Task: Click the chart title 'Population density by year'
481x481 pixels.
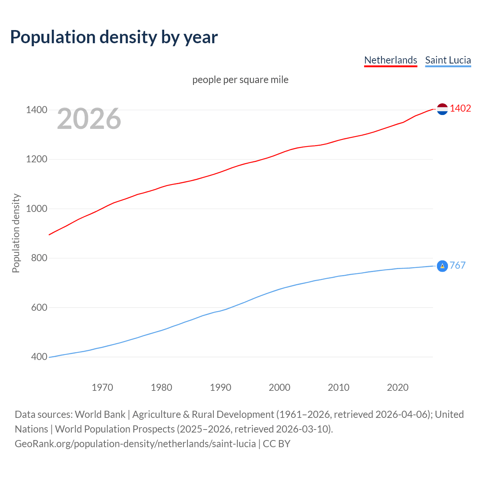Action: point(114,37)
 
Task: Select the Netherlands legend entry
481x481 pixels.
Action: point(390,60)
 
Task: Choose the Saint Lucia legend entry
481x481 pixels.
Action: point(448,60)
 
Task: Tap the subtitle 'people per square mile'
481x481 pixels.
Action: point(240,80)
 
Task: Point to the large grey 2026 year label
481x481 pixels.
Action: point(89,119)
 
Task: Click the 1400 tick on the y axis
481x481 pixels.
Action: point(36,110)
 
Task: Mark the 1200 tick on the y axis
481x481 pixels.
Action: point(36,159)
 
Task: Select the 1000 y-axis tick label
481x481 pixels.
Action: point(36,209)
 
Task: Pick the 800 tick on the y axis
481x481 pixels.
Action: point(39,258)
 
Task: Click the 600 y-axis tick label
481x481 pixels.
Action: point(39,308)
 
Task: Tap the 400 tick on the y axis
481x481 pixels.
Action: point(39,357)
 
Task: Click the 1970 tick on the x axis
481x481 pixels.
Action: point(102,387)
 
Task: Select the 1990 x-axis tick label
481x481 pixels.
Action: point(221,387)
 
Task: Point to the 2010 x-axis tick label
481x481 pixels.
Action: point(339,387)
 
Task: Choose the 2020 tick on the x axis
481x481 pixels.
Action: point(398,387)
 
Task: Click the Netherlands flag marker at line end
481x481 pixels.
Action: point(442,109)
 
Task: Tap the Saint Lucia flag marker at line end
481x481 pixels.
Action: point(442,266)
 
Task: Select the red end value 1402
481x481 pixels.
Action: point(460,109)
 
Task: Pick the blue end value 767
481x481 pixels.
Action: point(457,266)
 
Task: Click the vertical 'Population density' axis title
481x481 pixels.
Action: point(16,233)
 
